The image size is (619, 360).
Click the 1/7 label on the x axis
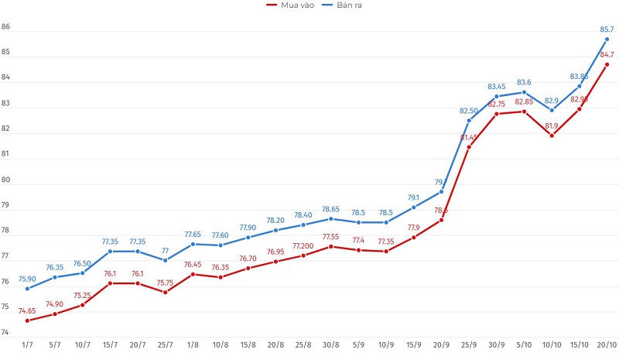point(27,345)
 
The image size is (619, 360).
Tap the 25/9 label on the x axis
point(469,345)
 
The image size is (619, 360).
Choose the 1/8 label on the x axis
point(193,345)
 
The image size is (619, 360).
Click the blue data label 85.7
point(607,30)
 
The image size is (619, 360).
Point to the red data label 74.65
point(27,310)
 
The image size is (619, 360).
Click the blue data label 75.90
point(27,279)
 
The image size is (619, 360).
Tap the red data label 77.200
point(303,245)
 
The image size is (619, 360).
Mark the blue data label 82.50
point(469,111)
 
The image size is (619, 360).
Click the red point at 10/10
point(552,135)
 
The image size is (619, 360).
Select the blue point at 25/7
point(165,260)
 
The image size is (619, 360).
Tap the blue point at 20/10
point(607,39)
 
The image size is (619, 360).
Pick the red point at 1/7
point(27,321)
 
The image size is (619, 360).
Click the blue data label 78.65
point(331,209)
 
